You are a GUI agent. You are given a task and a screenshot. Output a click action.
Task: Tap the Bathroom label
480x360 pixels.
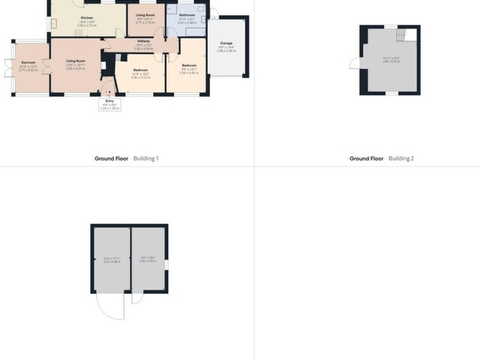[188, 16]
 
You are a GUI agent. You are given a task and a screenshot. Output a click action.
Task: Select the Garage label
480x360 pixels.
[226, 44]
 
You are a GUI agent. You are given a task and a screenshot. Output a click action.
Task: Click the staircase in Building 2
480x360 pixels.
[404, 34]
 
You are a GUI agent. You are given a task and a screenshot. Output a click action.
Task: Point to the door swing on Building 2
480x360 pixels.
[354, 63]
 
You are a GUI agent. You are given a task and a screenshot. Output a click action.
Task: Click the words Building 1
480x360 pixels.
[146, 158]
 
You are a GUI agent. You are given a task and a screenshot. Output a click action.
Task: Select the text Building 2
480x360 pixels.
[401, 158]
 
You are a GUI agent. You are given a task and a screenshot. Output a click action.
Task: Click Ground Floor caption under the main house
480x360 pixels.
[112, 158]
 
